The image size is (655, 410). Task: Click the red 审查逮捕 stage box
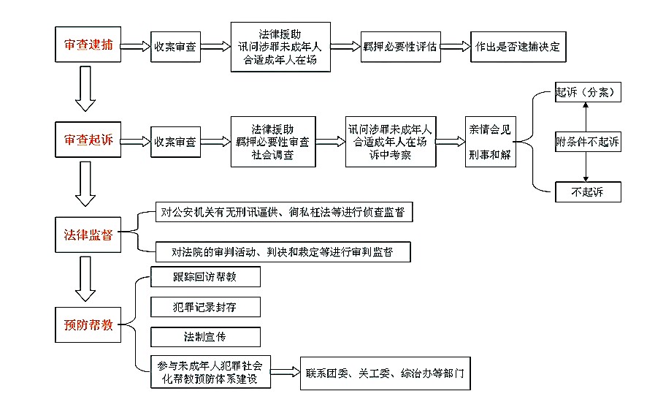coord(88,45)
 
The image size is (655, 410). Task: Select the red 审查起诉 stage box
coord(88,140)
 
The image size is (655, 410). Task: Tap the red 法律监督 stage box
coord(88,235)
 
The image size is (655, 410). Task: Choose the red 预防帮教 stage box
coord(88,324)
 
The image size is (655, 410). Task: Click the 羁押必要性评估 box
coord(401,47)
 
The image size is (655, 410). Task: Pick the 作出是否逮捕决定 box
coord(518,47)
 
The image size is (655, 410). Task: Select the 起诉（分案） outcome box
coord(588,92)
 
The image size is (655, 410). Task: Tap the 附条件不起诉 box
coord(588,142)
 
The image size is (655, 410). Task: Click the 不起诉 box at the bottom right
coord(588,191)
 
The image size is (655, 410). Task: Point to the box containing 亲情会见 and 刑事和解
coord(491,142)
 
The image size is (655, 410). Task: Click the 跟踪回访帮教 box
coord(205,277)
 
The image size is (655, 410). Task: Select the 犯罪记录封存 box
coord(205,307)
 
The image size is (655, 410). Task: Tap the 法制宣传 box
coord(205,337)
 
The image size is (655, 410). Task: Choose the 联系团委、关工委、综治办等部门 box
coord(385,373)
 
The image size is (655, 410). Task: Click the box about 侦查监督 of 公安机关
coord(284,212)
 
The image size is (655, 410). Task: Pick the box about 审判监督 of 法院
coord(283,251)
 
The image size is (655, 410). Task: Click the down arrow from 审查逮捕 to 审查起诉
coord(85,88)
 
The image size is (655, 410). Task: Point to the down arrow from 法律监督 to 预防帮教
coord(85,278)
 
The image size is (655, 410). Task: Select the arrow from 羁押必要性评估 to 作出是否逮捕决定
coord(456,46)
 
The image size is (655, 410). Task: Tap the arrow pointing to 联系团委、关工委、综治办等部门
coord(286,371)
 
